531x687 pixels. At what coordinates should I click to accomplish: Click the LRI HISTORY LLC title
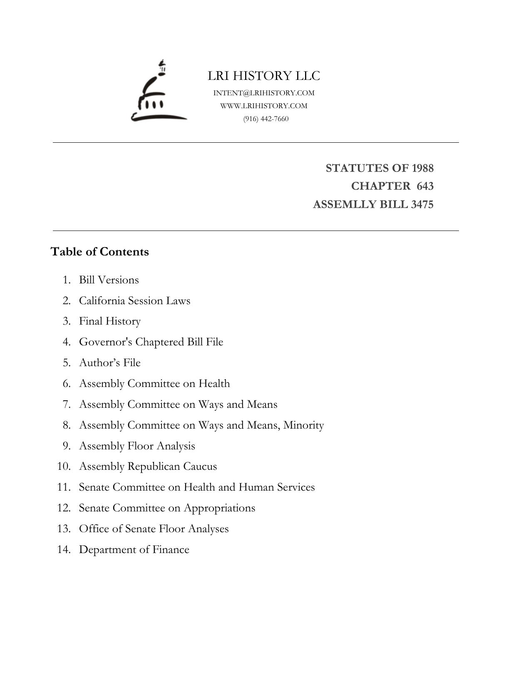point(264,76)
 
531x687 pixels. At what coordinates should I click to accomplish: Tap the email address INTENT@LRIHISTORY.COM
point(264,93)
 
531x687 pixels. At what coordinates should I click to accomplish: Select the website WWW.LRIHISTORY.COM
point(264,106)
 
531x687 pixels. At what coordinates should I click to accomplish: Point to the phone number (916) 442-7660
point(266,119)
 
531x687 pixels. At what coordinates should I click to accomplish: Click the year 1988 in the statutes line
point(422,168)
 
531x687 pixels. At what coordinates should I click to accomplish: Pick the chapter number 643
point(425,186)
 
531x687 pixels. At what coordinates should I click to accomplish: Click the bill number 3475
point(422,205)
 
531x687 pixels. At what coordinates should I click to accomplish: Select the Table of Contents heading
point(100,252)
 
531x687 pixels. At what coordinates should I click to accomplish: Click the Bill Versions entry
point(109,280)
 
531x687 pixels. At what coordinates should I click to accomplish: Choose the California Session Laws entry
point(134,301)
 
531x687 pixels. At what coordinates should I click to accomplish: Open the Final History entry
point(110,321)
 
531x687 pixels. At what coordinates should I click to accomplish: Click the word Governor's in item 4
point(106,342)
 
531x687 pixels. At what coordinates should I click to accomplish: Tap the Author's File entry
point(110,363)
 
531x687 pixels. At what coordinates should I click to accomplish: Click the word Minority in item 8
point(303,425)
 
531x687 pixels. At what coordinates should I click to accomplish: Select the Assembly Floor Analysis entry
point(137,446)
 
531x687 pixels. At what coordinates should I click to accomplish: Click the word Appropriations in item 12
point(219,508)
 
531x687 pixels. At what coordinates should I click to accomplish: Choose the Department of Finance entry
point(134,550)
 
